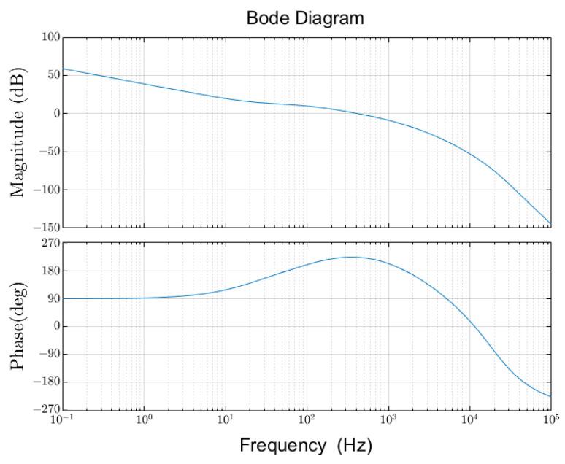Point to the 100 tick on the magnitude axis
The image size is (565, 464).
click(x=50, y=37)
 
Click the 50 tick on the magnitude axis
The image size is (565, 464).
click(x=53, y=75)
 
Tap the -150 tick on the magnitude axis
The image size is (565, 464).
click(x=46, y=228)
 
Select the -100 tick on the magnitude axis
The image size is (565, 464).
click(x=46, y=190)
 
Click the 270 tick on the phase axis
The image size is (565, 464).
click(x=50, y=244)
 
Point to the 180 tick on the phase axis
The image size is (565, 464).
click(x=50, y=271)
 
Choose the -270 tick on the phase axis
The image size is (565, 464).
click(x=46, y=409)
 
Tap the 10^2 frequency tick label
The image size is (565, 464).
click(x=307, y=420)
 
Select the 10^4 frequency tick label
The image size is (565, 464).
click(x=469, y=420)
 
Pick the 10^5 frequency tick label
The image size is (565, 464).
click(x=550, y=420)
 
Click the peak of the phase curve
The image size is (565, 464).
click(x=352, y=257)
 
